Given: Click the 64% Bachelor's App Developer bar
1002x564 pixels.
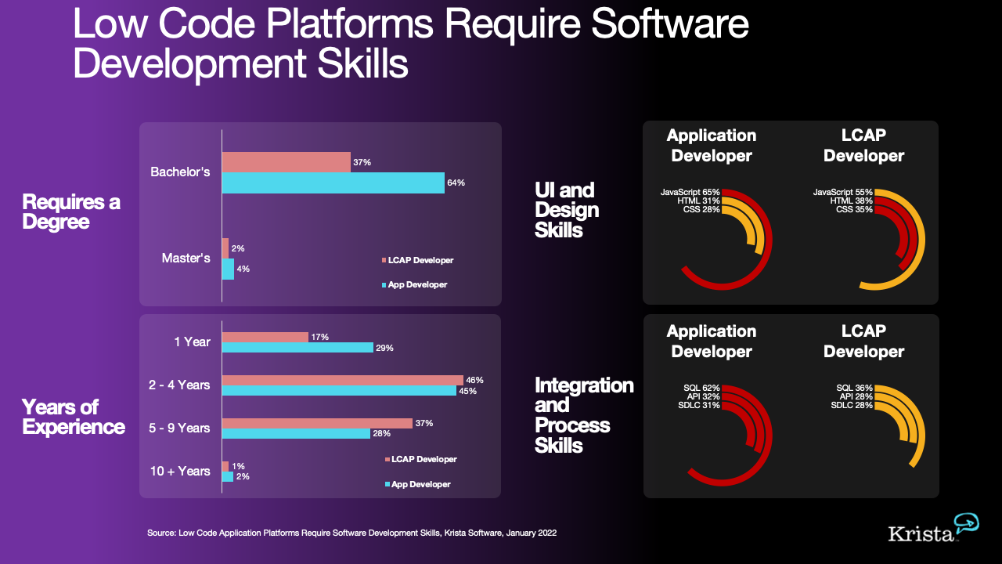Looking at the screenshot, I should [x=333, y=183].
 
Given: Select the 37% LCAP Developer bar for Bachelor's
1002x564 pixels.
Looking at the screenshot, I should [x=286, y=162].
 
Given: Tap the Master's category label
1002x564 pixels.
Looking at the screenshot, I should [x=186, y=258].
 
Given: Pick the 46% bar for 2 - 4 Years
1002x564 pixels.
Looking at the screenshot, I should [x=342, y=380].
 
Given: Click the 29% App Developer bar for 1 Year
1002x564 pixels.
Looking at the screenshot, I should [x=297, y=347].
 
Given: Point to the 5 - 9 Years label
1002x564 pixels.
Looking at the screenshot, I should [x=179, y=428].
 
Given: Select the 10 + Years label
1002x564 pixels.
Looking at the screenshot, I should [x=180, y=471].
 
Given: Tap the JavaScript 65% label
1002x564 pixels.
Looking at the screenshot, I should [x=690, y=192].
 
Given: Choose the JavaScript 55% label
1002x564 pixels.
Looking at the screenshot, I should [x=842, y=192].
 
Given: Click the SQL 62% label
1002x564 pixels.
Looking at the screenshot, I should [x=701, y=388].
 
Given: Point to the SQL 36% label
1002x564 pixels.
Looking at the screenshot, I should [x=854, y=388].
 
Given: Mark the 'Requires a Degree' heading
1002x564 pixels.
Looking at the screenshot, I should [x=71, y=211].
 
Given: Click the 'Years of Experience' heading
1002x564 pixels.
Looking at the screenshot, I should [x=73, y=417].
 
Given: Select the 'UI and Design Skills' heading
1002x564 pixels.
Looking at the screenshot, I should [x=566, y=210].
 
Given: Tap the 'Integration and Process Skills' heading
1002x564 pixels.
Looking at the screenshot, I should [x=583, y=415].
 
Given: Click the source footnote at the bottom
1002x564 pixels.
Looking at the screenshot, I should [x=351, y=533].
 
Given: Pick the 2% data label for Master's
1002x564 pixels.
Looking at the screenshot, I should [x=238, y=248].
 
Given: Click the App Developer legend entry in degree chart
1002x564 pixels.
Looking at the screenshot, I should [x=414, y=284].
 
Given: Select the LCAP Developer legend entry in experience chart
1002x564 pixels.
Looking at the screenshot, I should [x=420, y=459].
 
